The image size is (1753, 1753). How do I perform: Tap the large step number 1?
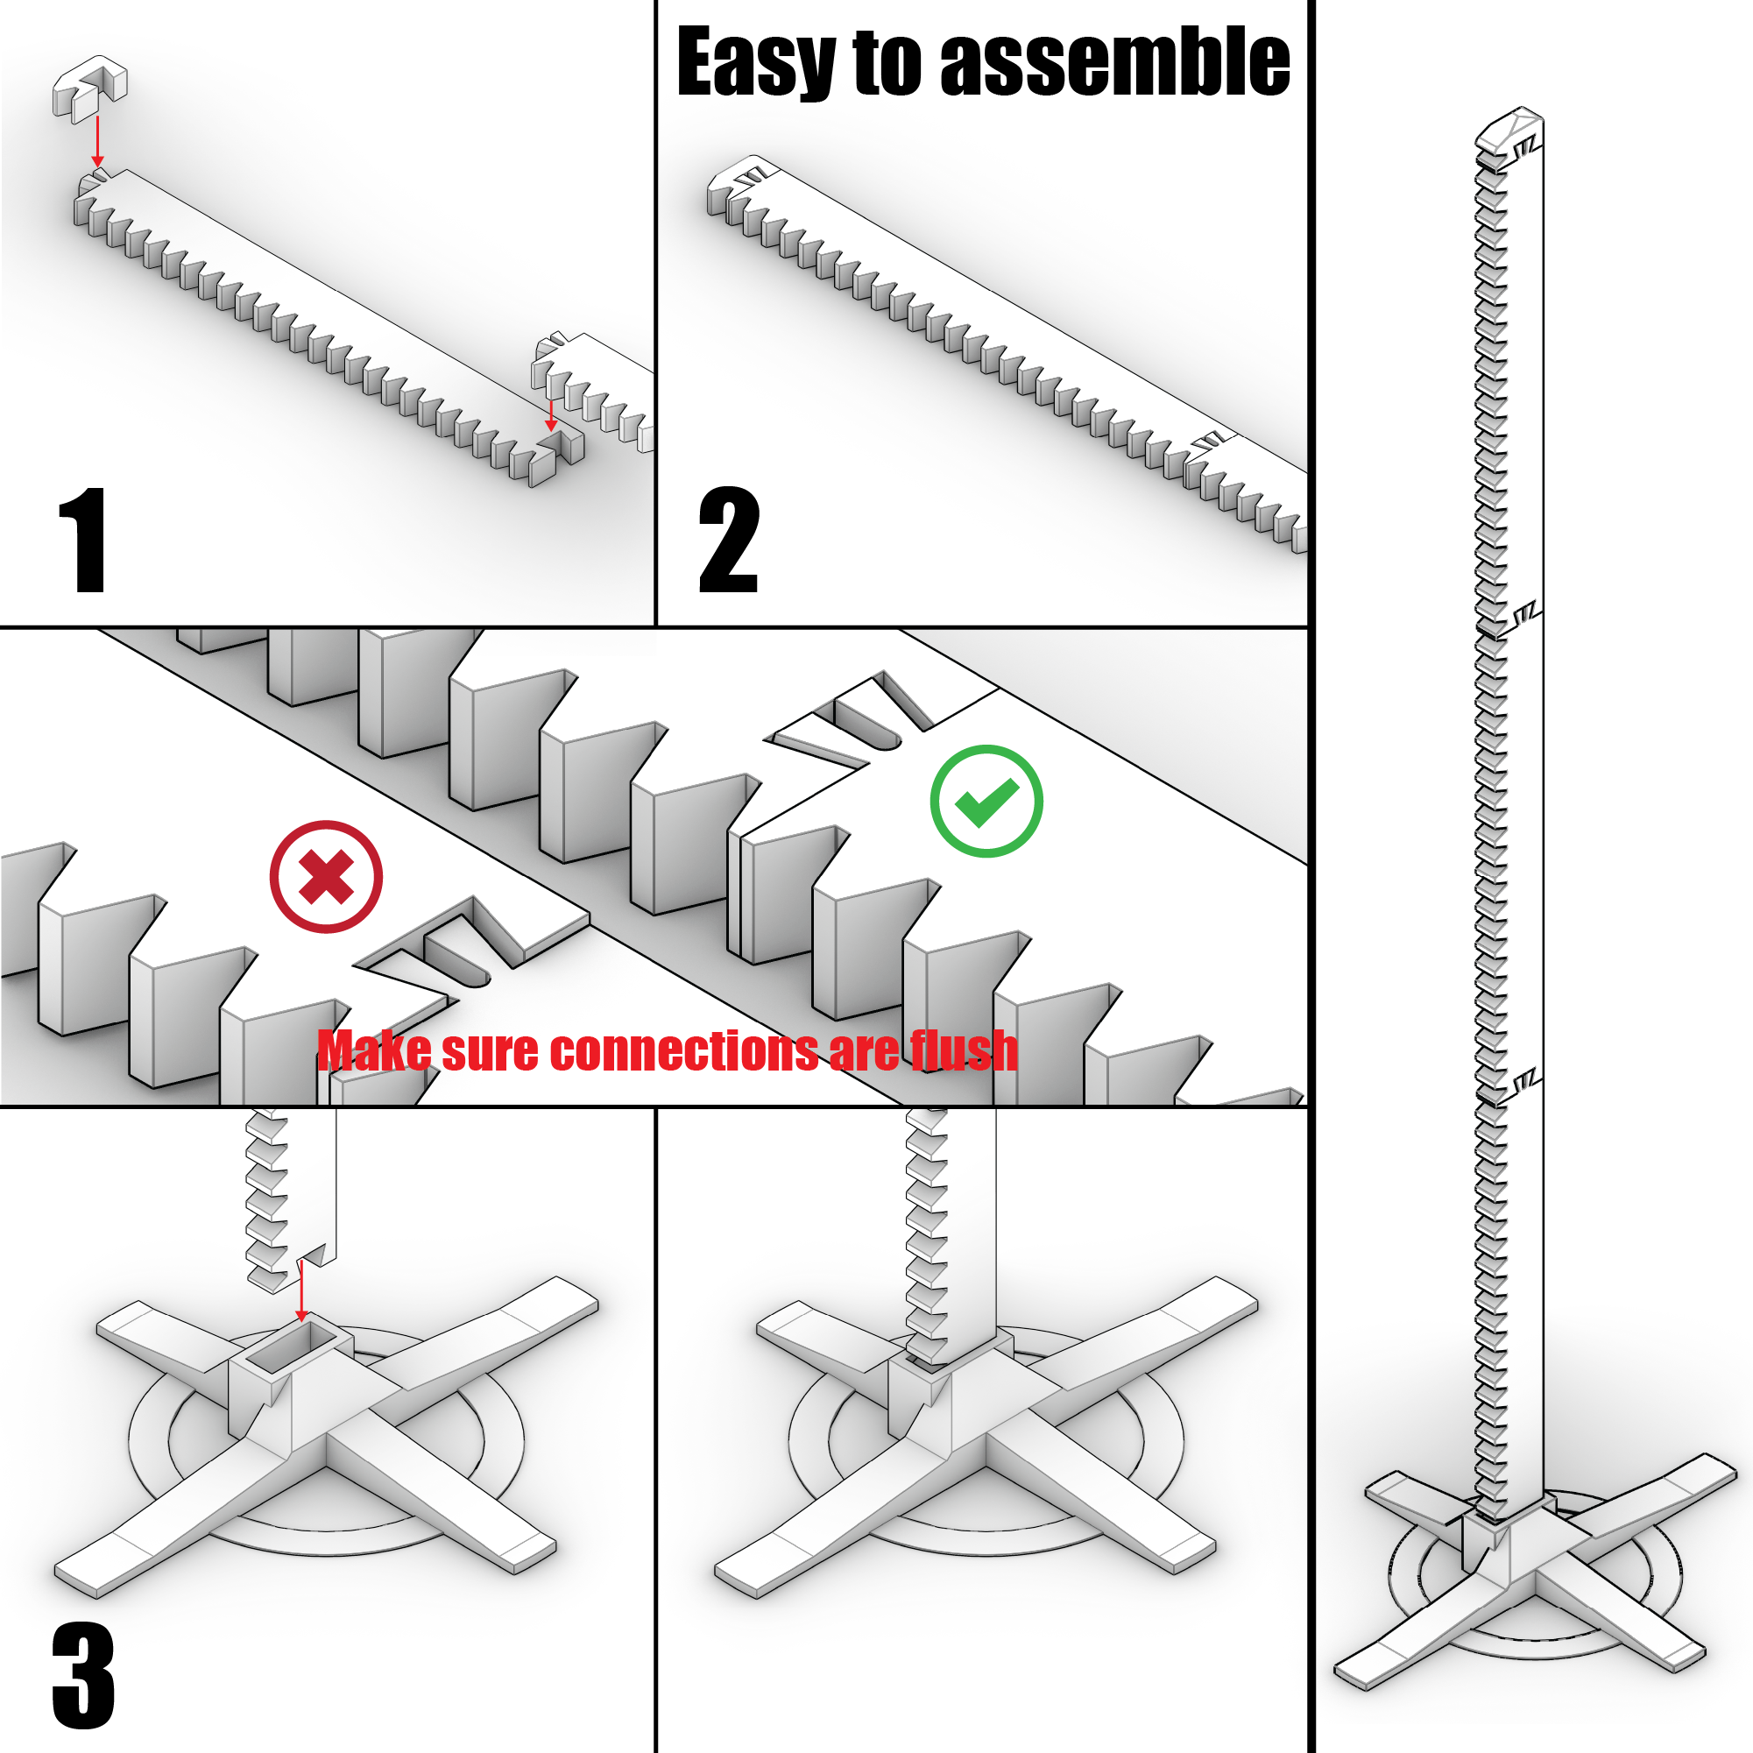click(x=83, y=540)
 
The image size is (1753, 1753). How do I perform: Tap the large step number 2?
click(x=728, y=540)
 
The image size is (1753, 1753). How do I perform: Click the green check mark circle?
click(x=986, y=802)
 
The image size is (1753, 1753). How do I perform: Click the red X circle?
click(x=326, y=876)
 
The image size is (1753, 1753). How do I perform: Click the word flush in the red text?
click(x=964, y=1050)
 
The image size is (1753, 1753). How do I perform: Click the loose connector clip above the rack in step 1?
click(x=90, y=88)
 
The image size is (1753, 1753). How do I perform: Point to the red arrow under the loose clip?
click(x=97, y=143)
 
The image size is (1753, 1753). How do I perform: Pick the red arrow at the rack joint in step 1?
click(x=551, y=414)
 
